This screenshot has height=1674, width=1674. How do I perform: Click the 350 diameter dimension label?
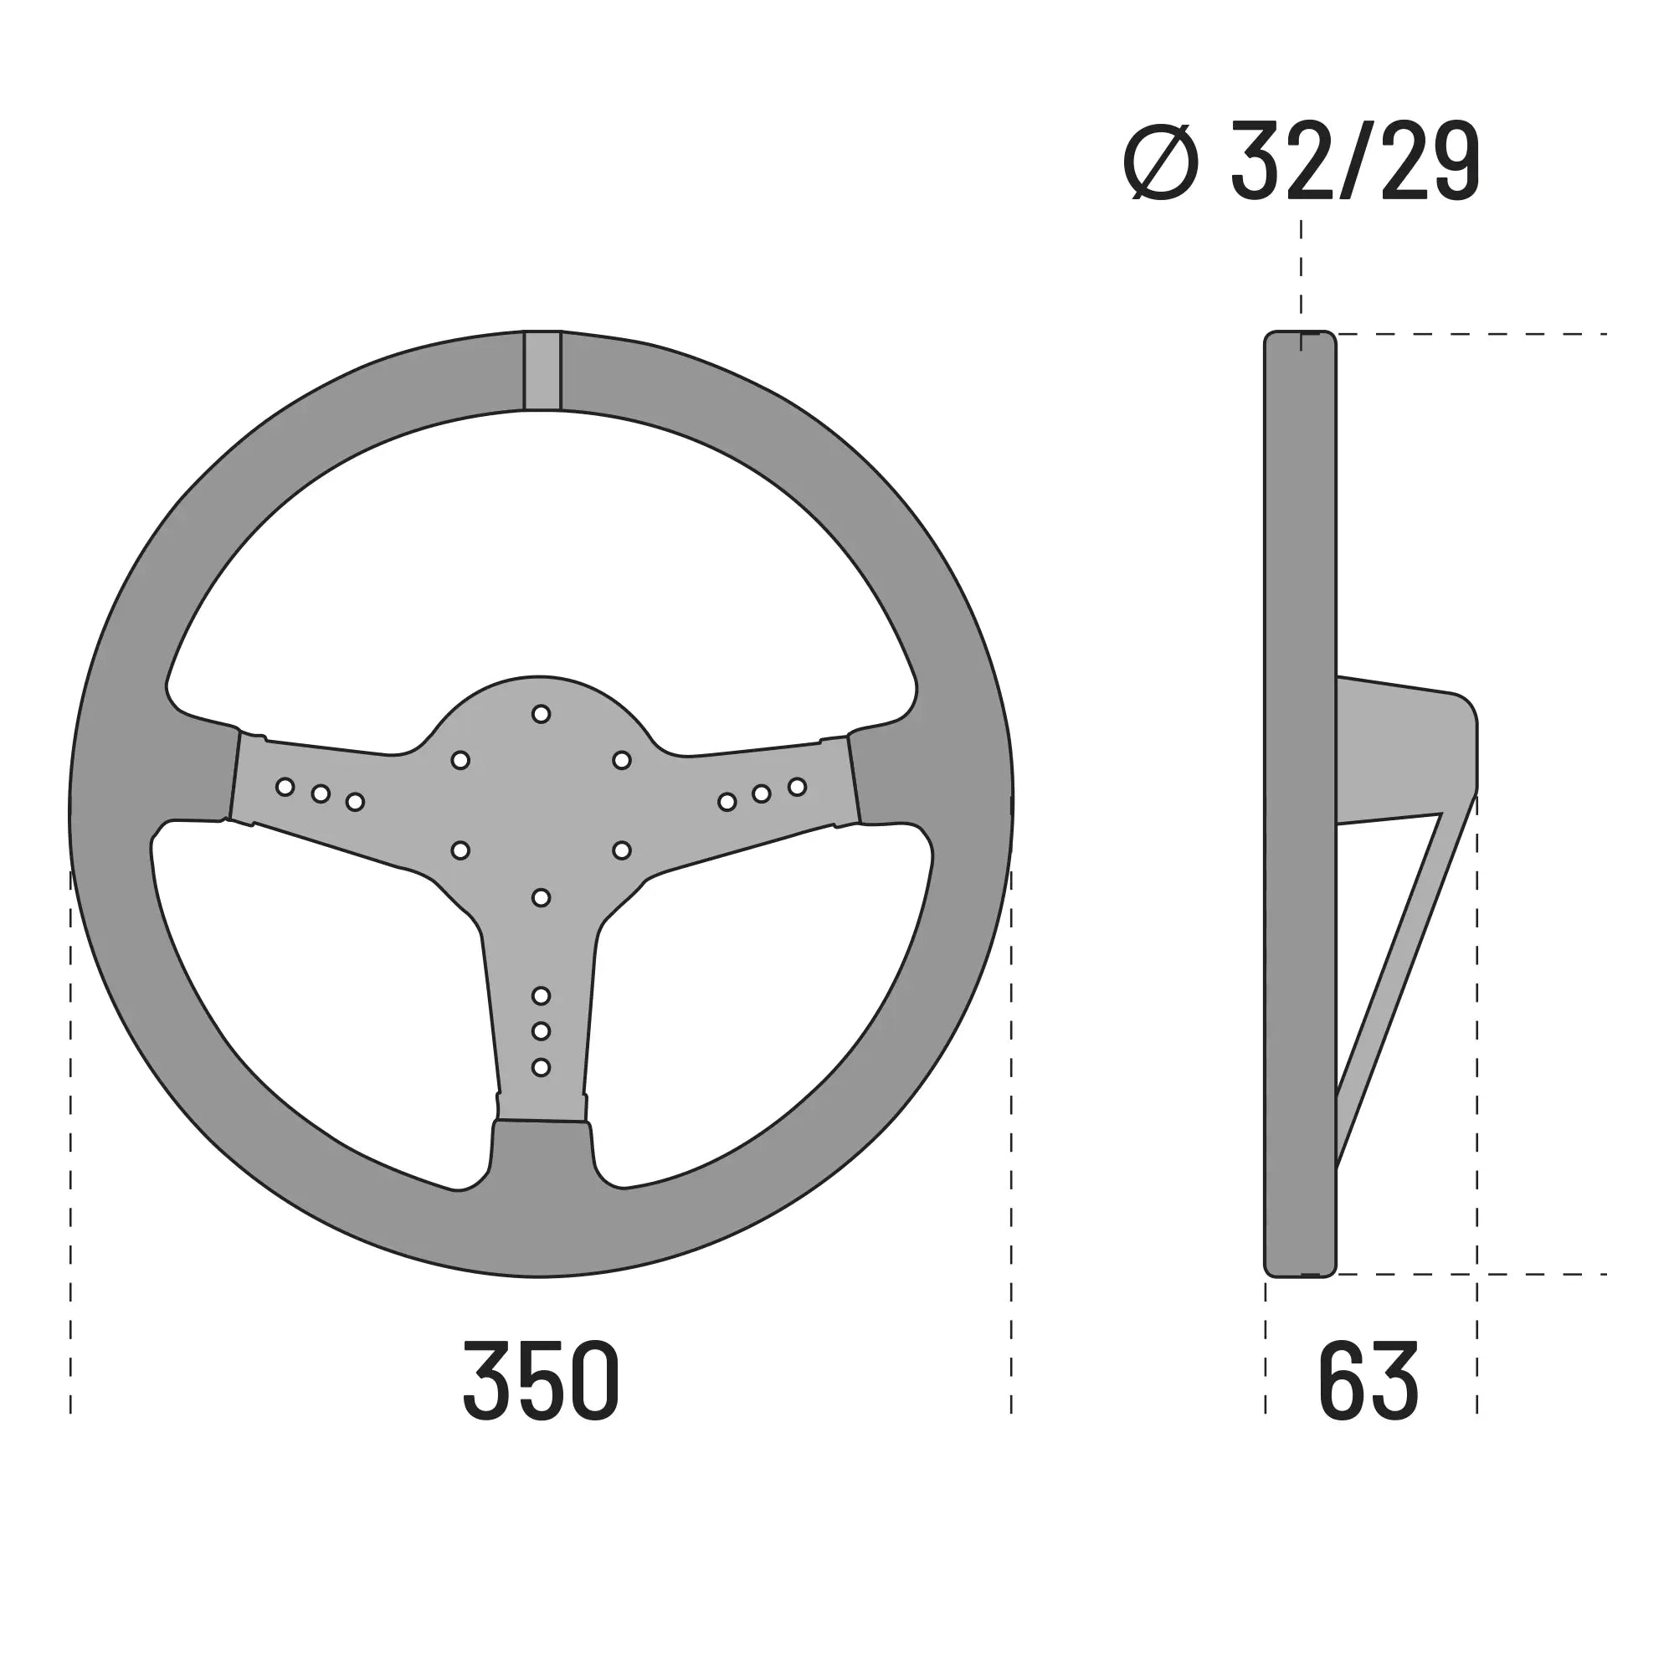pyautogui.click(x=541, y=1381)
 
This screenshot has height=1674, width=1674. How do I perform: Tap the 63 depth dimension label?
pyautogui.click(x=1368, y=1381)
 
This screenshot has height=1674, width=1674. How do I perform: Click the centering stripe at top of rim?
pyautogui.click(x=542, y=371)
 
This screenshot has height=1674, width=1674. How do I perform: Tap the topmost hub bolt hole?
pyautogui.click(x=541, y=714)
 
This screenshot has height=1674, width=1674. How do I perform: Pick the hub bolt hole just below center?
pyautogui.click(x=541, y=897)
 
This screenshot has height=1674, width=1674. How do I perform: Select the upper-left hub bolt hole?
pyautogui.click(x=460, y=760)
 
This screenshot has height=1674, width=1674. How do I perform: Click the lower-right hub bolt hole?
pyautogui.click(x=621, y=850)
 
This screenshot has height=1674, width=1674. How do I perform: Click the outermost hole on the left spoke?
pyautogui.click(x=285, y=787)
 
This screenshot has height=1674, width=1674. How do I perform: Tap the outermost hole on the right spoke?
pyautogui.click(x=797, y=787)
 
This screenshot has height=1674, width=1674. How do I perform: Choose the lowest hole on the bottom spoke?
pyautogui.click(x=541, y=1066)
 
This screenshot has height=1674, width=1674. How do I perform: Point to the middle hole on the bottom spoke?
pyautogui.click(x=541, y=1031)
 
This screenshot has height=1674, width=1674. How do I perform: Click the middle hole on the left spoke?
pyautogui.click(x=321, y=793)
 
